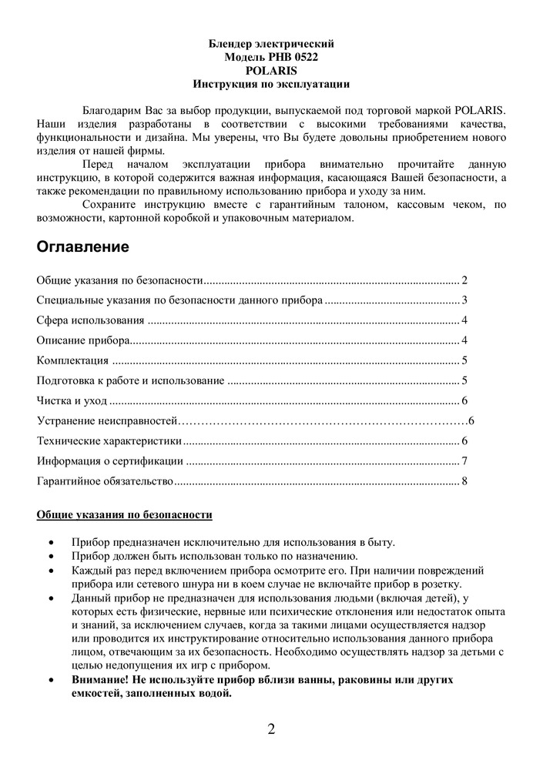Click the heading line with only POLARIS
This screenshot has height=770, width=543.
(x=271, y=69)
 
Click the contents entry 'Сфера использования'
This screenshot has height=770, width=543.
(x=90, y=320)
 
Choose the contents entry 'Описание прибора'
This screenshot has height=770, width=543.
(x=83, y=340)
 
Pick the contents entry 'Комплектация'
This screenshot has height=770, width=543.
(x=72, y=360)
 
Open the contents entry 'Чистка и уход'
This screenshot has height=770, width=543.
(x=72, y=400)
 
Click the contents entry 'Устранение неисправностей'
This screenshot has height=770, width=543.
(x=108, y=420)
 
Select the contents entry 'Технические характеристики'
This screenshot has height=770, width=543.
(x=109, y=440)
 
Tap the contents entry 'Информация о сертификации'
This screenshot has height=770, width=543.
(x=110, y=461)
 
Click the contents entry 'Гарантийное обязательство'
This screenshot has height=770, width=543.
(x=106, y=481)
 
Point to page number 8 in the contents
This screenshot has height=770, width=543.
(x=465, y=481)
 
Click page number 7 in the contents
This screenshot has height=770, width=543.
(x=465, y=461)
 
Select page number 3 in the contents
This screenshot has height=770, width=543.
(x=465, y=300)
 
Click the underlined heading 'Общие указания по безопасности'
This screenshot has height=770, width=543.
(x=125, y=514)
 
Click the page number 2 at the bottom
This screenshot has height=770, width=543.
(x=271, y=729)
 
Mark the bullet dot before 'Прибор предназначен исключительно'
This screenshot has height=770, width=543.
(x=51, y=543)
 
